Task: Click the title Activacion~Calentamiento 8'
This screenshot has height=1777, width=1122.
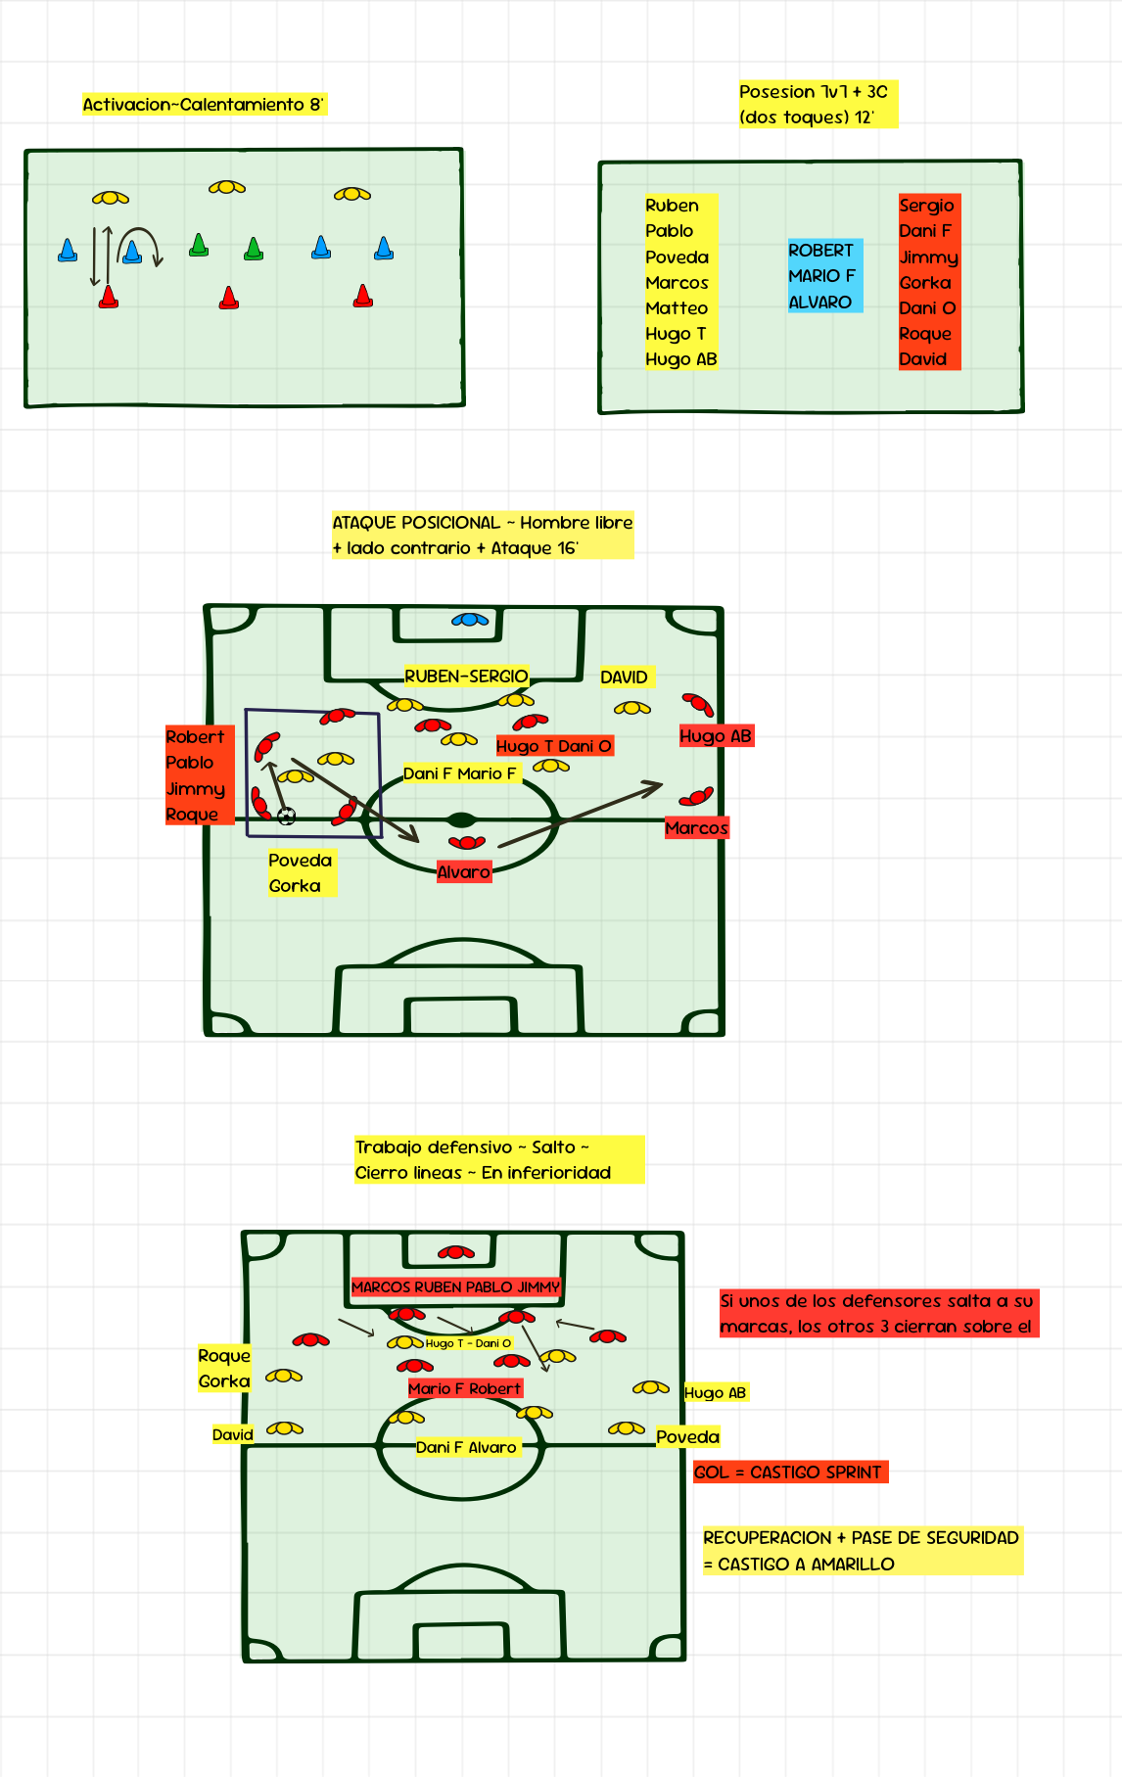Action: click(x=203, y=105)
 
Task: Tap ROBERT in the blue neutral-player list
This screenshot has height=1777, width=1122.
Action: click(x=820, y=251)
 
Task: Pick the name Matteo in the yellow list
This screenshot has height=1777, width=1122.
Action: click(x=676, y=308)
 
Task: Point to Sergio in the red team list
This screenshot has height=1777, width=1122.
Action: click(x=926, y=206)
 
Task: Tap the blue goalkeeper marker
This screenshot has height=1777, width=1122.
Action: click(x=470, y=620)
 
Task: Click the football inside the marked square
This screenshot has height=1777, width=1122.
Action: click(x=287, y=816)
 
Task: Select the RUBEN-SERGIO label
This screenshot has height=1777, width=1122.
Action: click(x=466, y=677)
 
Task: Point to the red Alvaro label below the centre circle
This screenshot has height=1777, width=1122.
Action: click(x=463, y=872)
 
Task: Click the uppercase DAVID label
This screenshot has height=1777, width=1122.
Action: click(x=624, y=678)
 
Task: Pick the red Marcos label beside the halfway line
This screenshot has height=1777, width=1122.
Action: click(x=696, y=828)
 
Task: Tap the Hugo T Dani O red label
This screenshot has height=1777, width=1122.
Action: click(x=554, y=746)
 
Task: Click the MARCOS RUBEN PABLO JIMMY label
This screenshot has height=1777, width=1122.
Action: click(x=455, y=1287)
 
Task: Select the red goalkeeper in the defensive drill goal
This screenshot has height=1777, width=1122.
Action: click(x=455, y=1252)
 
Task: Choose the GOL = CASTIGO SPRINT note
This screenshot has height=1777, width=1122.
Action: click(x=789, y=1473)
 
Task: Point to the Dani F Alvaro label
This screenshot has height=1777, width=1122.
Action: click(x=466, y=1447)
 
